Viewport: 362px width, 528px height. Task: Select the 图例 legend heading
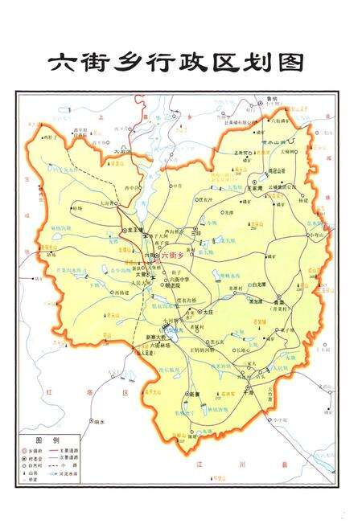pyautogui.click(x=47, y=440)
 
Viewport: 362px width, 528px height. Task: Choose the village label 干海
pyautogui.click(x=248, y=394)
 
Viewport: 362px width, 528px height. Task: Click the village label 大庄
pyautogui.click(x=208, y=310)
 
